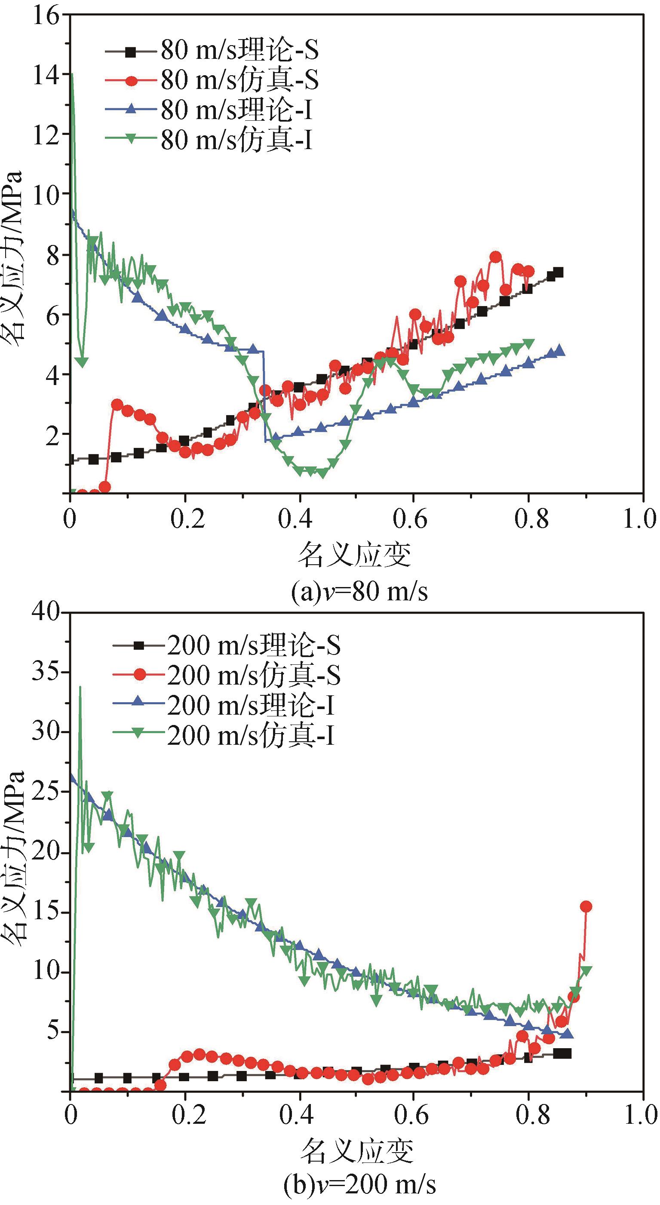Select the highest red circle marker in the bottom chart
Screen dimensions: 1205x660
click(586, 907)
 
